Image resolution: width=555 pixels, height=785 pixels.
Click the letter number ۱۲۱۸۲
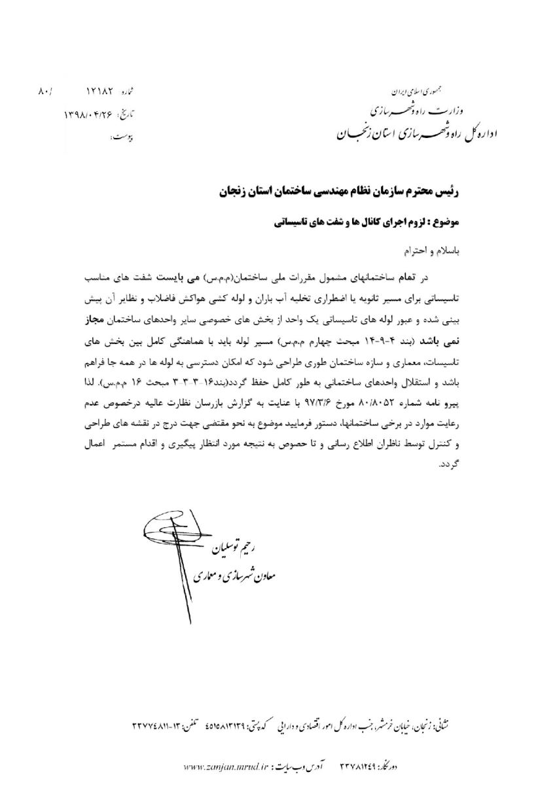100,92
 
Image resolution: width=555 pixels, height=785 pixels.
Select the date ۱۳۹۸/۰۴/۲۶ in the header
92,114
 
